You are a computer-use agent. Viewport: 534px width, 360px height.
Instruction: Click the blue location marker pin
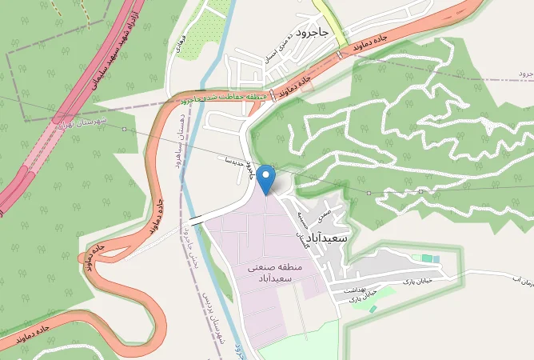click(266, 178)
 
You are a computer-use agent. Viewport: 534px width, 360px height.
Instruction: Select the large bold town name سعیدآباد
click(329, 238)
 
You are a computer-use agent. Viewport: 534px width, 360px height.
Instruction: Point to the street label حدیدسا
click(238, 161)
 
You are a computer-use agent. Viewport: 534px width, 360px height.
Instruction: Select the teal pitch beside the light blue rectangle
click(436, 258)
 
